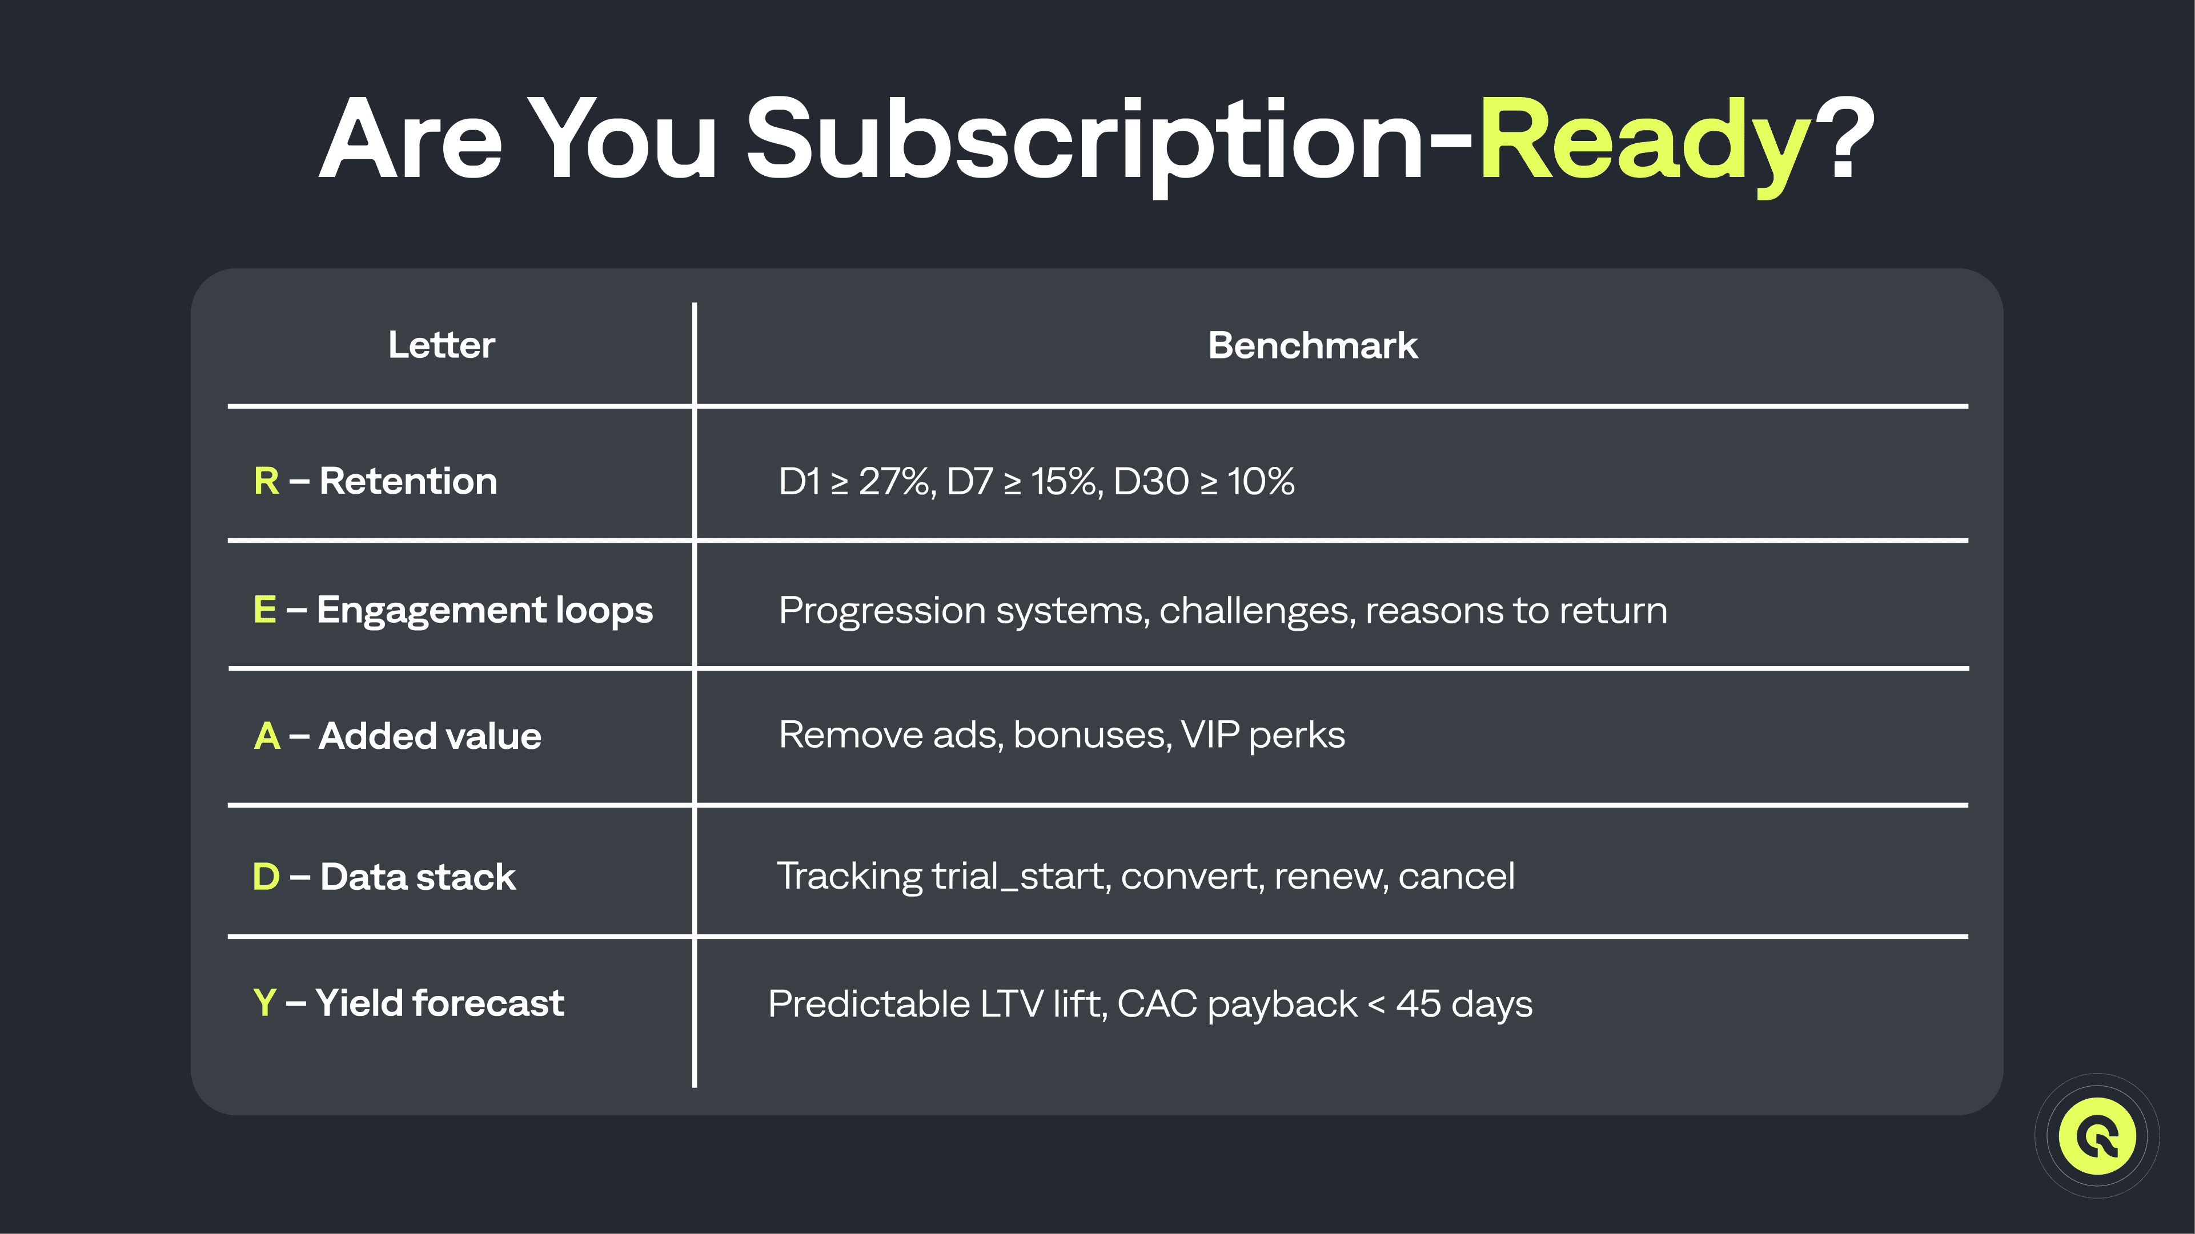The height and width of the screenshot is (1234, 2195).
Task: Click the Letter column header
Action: click(442, 345)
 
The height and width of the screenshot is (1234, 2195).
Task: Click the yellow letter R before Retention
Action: click(266, 481)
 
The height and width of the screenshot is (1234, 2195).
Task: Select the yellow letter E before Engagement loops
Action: click(264, 610)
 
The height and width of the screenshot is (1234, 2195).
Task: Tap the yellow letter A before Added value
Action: click(267, 736)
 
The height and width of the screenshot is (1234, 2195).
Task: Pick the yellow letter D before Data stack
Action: click(266, 876)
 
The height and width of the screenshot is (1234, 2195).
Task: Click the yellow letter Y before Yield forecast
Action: click(264, 1002)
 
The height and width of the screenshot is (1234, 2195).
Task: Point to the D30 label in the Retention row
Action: click(1150, 482)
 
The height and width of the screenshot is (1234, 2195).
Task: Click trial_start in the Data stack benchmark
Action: click(1021, 876)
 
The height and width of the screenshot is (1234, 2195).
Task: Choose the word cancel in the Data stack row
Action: click(1456, 876)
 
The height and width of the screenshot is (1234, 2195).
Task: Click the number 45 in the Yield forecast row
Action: click(1418, 1004)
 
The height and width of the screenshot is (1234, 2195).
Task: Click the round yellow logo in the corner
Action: click(2097, 1135)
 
